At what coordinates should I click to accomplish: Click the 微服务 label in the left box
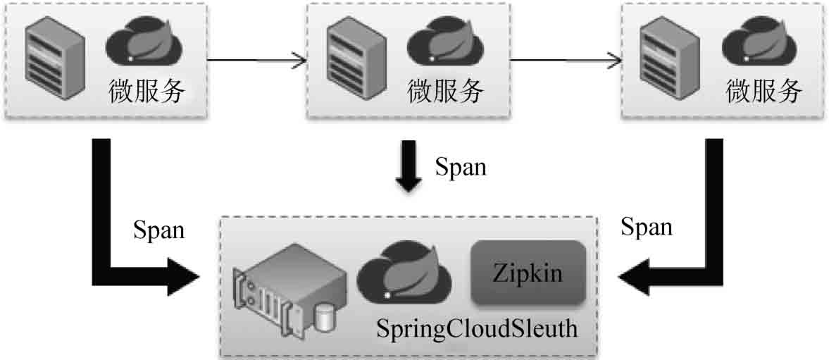147,91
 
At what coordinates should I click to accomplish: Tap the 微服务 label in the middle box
447,91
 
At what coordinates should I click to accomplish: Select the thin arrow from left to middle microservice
256,60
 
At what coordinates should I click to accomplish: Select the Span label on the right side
647,227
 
